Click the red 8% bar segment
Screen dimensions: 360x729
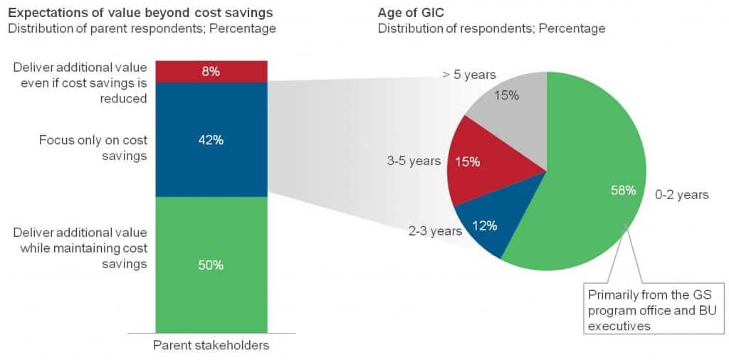pos(211,71)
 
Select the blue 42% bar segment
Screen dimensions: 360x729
pos(211,139)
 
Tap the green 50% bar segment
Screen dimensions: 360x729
pos(211,265)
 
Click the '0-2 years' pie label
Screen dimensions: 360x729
pos(681,194)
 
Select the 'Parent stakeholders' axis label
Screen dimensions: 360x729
pos(211,345)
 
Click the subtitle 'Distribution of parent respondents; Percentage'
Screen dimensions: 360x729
pos(142,28)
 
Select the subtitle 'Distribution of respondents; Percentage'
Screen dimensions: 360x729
pos(491,28)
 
